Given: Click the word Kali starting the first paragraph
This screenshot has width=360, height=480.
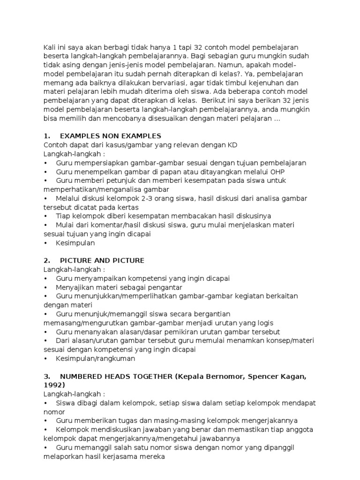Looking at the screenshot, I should pos(50,47).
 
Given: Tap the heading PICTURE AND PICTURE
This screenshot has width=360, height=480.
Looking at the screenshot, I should pos(102,261).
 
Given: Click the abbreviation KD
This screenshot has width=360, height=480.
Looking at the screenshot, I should pos(232,145).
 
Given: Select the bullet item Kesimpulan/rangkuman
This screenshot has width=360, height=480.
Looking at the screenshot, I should pos(95,359).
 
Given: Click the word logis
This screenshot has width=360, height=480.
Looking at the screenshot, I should pos(264,323).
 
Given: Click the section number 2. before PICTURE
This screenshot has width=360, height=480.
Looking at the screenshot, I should pos(47,261).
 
